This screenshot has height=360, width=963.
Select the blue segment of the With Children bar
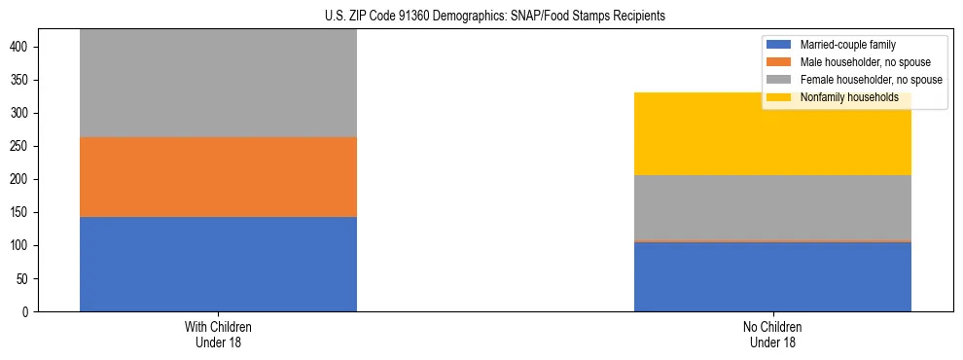point(218,264)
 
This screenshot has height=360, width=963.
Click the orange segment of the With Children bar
point(218,177)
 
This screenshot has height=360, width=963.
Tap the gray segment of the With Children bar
point(218,83)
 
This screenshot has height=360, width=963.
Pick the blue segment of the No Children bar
point(772,276)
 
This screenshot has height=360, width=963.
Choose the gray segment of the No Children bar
point(772,207)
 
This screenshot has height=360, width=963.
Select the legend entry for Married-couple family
point(847,45)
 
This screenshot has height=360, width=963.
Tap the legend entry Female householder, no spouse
point(870,80)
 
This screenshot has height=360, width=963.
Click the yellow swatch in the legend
point(779,97)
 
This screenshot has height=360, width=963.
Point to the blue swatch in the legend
point(779,45)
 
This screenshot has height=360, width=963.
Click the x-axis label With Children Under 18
point(218,334)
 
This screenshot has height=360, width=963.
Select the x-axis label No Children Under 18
point(772,334)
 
